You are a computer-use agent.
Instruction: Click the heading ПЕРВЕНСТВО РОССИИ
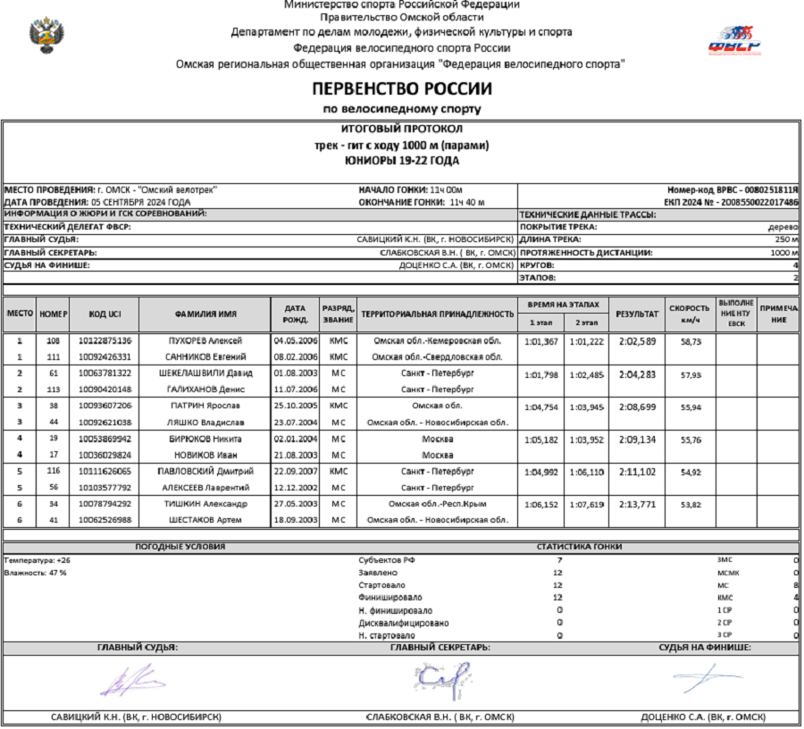pyautogui.click(x=401, y=89)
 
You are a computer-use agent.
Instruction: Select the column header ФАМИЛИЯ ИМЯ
pyautogui.click(x=205, y=314)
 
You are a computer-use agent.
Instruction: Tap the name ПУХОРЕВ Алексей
pyautogui.click(x=205, y=341)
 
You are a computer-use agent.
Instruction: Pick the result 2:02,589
pyautogui.click(x=637, y=341)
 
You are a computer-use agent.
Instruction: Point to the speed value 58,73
pyautogui.click(x=691, y=341)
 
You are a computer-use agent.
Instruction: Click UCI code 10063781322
pyautogui.click(x=105, y=373)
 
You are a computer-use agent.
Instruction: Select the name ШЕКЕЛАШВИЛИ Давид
pyautogui.click(x=205, y=373)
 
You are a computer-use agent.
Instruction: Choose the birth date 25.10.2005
pyautogui.click(x=290, y=406)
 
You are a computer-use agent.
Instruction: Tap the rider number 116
pyautogui.click(x=54, y=470)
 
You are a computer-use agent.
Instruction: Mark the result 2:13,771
pyautogui.click(x=637, y=505)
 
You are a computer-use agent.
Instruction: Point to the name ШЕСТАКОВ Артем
pyautogui.click(x=205, y=520)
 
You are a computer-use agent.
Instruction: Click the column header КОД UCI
pyautogui.click(x=105, y=314)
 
